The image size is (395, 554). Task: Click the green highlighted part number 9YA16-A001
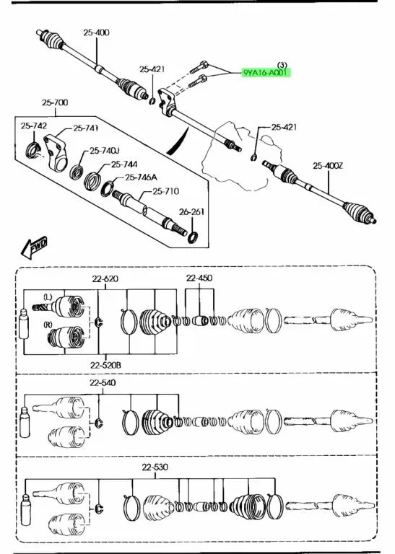[266, 73]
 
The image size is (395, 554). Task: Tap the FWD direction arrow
[34, 247]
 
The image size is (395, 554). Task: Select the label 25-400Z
[327, 165]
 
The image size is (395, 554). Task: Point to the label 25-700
[55, 103]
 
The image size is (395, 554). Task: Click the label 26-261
[191, 211]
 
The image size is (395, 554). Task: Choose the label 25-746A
[141, 177]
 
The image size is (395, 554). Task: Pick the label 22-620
[105, 278]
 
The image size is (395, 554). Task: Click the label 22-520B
[105, 365]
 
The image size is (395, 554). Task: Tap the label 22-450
[199, 278]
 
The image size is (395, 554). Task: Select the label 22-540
[103, 382]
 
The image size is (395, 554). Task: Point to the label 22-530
[155, 467]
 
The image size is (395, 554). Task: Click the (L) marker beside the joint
[48, 296]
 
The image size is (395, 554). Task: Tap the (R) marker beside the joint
[48, 325]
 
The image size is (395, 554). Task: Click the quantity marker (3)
[282, 65]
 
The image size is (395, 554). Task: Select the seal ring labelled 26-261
[192, 237]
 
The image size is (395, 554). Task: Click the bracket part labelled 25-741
[56, 152]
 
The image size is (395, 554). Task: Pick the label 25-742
[34, 126]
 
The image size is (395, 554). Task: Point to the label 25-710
[166, 191]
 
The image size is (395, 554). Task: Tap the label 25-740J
[104, 151]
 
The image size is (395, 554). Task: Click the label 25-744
[124, 164]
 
